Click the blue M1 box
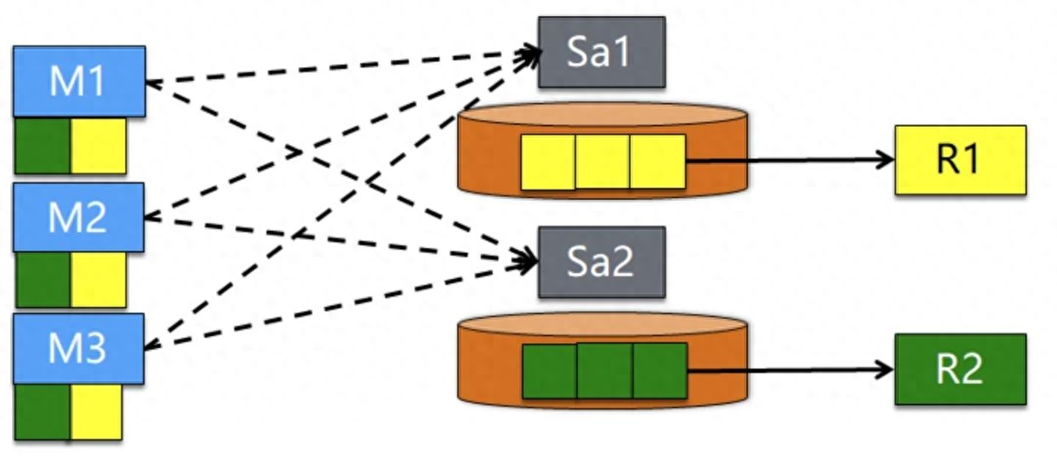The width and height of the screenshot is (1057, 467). point(78,82)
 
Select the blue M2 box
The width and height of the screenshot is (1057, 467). point(78,218)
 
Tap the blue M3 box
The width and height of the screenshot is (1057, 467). point(78,348)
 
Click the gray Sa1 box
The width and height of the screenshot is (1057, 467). point(601,52)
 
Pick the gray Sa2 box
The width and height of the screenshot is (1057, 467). point(601,262)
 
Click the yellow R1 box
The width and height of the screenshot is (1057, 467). point(960,160)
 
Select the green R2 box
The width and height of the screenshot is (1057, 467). point(960,369)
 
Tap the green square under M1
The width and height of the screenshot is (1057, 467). point(43,145)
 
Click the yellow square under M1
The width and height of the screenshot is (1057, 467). point(98,145)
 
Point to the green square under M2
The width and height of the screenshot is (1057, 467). point(43,279)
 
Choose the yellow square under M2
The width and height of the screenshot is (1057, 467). point(98,279)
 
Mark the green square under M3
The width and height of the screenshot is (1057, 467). point(43,412)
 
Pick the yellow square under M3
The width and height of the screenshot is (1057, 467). point(96,412)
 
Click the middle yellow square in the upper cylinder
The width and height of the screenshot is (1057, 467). point(603,161)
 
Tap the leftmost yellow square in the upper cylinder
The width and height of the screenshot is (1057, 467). point(548,161)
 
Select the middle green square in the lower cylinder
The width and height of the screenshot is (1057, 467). point(604,371)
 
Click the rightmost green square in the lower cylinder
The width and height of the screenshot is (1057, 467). point(660,371)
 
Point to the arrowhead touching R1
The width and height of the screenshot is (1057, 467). point(885,159)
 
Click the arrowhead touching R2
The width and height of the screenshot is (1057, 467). point(885,370)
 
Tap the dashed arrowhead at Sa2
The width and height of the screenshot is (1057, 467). point(529,259)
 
